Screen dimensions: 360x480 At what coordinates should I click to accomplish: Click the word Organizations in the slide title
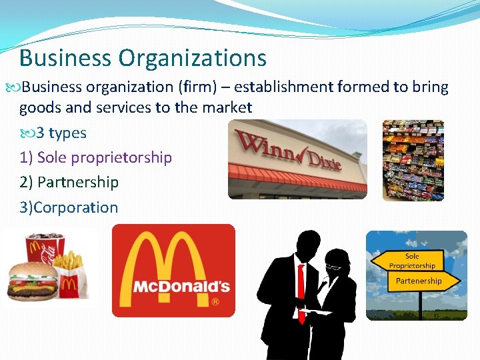click(193, 58)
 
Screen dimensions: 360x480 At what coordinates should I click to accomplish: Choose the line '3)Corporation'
click(69, 207)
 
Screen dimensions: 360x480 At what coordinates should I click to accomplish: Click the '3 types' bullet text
click(61, 133)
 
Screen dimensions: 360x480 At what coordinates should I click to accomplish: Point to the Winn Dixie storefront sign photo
click(297, 159)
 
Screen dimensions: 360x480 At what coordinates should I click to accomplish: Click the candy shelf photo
click(413, 160)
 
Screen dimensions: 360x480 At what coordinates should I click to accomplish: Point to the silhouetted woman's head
click(337, 262)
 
